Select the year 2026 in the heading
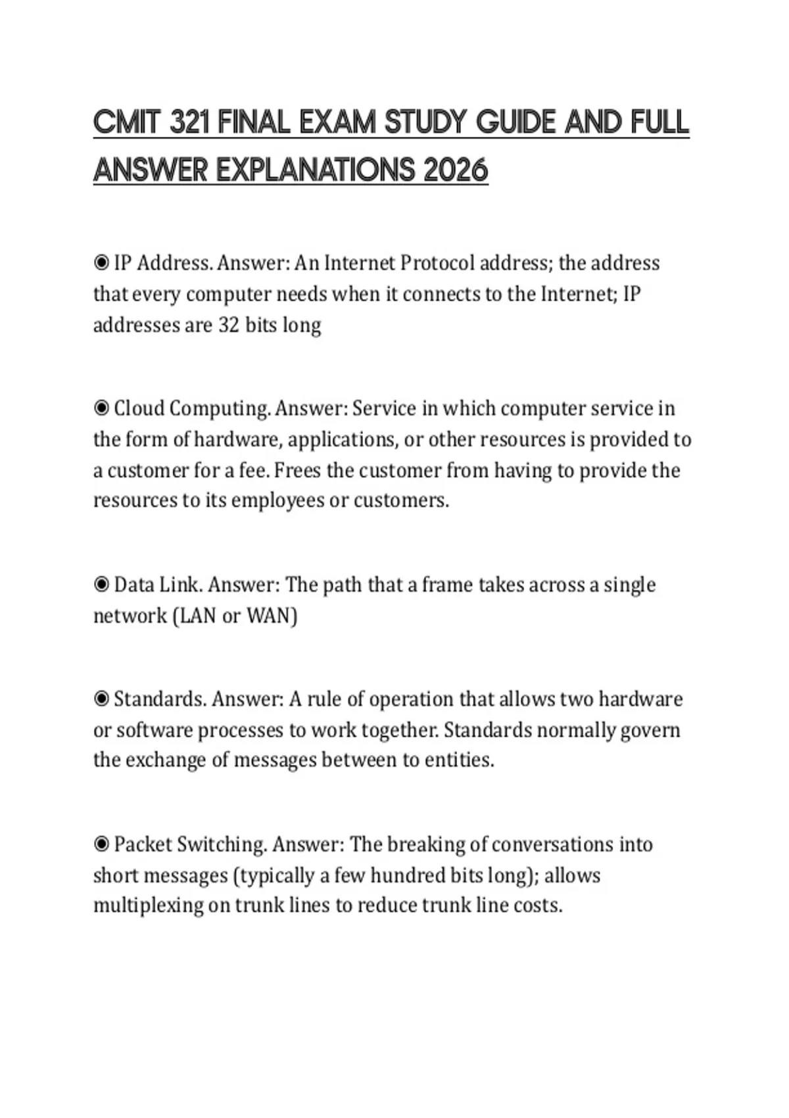click(x=456, y=171)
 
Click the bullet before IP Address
click(x=101, y=263)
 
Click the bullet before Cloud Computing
click(x=101, y=408)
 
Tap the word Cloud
click(x=139, y=408)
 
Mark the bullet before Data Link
click(x=101, y=585)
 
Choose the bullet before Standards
click(x=101, y=698)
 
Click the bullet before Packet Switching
click(x=101, y=844)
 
